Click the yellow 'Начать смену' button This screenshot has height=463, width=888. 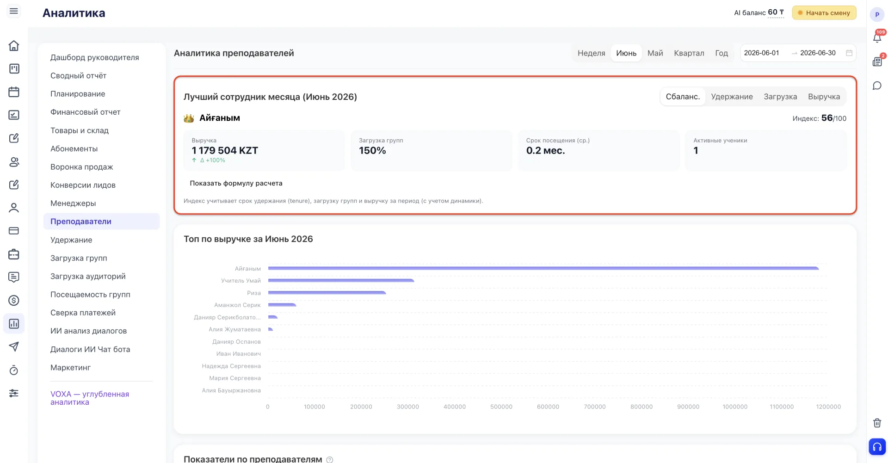[824, 13]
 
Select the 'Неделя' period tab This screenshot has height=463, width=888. [591, 53]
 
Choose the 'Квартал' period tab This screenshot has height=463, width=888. [689, 53]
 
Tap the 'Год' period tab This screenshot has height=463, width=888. [721, 53]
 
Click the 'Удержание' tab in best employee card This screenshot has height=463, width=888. [732, 97]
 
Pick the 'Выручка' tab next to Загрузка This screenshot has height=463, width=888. [824, 97]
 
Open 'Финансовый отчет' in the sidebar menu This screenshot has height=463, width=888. [85, 112]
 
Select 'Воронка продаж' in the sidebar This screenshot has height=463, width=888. [81, 167]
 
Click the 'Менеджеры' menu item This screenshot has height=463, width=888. [73, 204]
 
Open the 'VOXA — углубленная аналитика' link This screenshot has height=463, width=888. [90, 398]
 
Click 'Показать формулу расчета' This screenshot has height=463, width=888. [236, 183]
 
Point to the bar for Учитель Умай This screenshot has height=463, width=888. [341, 280]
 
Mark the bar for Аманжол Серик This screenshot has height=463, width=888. [282, 305]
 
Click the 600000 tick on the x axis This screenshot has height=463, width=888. [548, 407]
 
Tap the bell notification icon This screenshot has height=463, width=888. [877, 38]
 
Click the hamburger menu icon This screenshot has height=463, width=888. [14, 11]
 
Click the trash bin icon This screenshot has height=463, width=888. [877, 423]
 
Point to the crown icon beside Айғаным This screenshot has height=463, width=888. [189, 118]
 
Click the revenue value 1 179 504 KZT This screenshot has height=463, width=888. [225, 150]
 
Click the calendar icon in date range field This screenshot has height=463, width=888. [849, 53]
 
